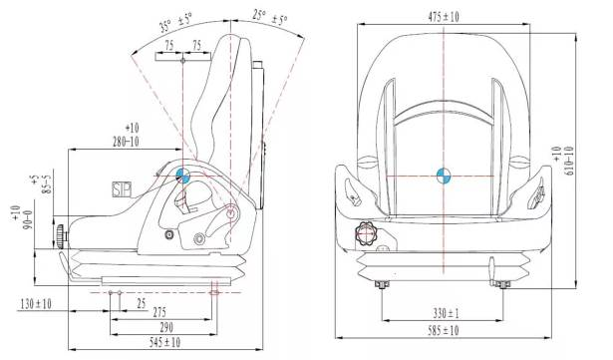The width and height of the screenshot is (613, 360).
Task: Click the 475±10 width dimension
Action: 444,17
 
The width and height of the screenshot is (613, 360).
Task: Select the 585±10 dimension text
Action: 443,331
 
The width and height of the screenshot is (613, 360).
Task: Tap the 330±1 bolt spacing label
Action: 447,313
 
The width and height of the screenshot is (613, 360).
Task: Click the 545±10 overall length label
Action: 164,342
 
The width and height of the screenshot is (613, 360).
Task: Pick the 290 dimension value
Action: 166,327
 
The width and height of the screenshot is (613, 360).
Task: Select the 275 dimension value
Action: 159,312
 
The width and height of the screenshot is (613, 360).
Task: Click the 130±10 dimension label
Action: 36,303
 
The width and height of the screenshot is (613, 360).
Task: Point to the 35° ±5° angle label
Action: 175,24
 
